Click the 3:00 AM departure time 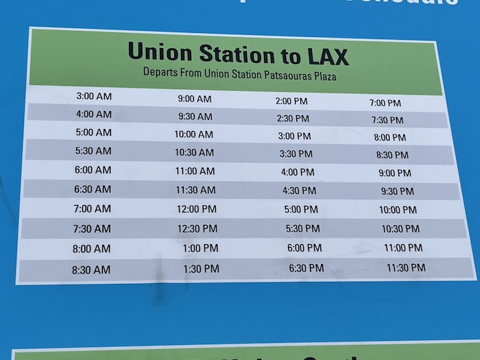click(x=94, y=96)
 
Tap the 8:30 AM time click(x=91, y=269)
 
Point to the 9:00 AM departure click(x=195, y=99)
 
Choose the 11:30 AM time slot click(x=195, y=190)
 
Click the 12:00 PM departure click(x=196, y=209)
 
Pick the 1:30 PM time click(x=201, y=269)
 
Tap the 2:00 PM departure click(x=291, y=101)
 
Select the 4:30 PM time click(x=299, y=191)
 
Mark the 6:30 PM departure click(x=306, y=267)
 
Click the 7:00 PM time click(x=385, y=103)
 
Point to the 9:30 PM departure click(x=397, y=191)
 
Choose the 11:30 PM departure click(x=406, y=267)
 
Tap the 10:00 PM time click(x=398, y=210)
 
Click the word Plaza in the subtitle click(x=322, y=77)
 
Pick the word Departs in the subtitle click(x=159, y=71)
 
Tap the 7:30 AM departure click(x=92, y=228)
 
